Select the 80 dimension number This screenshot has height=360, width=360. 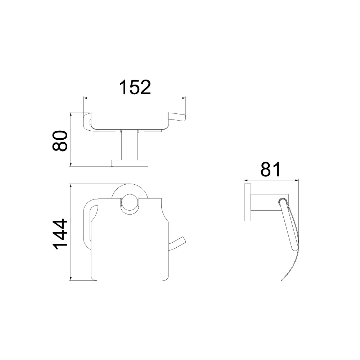coord(60,141)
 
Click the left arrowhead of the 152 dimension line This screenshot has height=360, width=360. coord(86,98)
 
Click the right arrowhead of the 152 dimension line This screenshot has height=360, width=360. coord(183,98)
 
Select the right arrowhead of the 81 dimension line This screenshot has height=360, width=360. coord(296,180)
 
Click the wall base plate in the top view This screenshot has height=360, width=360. coord(130,163)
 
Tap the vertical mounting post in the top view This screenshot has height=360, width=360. coord(130,145)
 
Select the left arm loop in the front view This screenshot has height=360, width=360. coord(87,223)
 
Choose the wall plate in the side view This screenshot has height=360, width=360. coord(247,202)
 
